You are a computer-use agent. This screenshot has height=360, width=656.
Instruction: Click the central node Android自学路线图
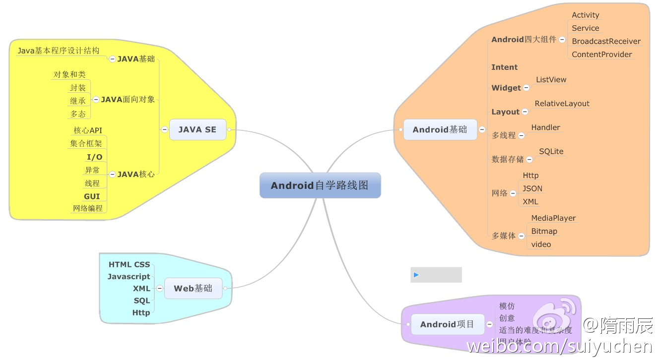(x=320, y=185)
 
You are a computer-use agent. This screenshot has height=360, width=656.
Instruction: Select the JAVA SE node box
(x=197, y=129)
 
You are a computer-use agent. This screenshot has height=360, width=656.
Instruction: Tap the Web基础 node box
(x=193, y=288)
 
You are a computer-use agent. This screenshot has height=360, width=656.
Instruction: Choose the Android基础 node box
(x=440, y=129)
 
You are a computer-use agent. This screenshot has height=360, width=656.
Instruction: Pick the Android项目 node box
(x=447, y=324)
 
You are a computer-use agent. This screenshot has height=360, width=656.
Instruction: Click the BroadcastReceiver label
(x=606, y=41)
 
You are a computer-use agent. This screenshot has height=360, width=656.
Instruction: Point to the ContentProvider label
(x=602, y=55)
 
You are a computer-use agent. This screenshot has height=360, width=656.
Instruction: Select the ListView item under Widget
(x=551, y=80)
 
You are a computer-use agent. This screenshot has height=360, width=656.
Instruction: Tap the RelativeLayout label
(x=562, y=104)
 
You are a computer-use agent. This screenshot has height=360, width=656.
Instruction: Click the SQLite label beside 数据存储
(x=551, y=152)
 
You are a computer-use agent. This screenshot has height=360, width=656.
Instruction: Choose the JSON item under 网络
(x=532, y=188)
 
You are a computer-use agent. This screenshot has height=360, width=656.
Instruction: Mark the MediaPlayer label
(x=553, y=218)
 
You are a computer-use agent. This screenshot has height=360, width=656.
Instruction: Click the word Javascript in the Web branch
(x=129, y=276)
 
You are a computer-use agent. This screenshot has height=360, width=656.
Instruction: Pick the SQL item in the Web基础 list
(x=141, y=300)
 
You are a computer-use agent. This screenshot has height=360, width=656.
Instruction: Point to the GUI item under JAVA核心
(x=92, y=196)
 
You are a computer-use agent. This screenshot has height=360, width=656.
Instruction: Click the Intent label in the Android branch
(x=504, y=67)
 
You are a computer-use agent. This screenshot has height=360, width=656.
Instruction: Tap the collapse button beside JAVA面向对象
(x=96, y=99)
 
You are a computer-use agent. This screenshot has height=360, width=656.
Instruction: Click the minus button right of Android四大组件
(x=562, y=40)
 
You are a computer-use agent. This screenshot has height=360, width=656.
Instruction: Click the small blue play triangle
(x=416, y=275)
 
